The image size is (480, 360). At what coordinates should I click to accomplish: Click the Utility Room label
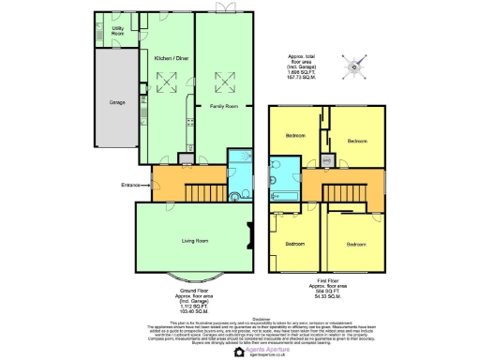tap(119, 31)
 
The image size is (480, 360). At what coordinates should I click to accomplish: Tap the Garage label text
tap(117, 102)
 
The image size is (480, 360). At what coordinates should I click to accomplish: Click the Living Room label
tap(194, 241)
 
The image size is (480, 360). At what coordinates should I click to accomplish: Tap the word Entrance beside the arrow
tap(130, 185)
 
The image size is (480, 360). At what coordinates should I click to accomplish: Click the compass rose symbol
tap(352, 65)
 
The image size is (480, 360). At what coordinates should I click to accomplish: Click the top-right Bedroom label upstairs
tap(357, 142)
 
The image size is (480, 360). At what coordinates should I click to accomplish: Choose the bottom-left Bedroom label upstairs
tap(295, 244)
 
